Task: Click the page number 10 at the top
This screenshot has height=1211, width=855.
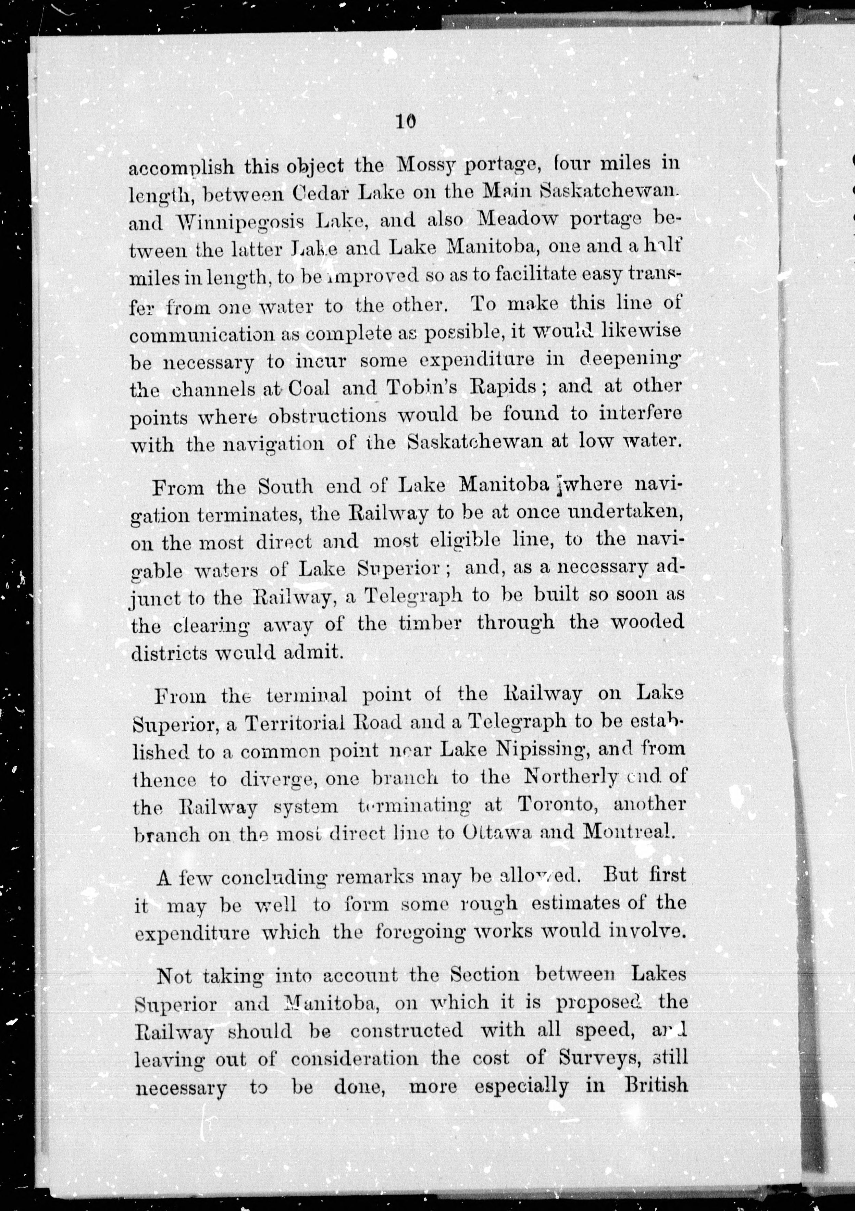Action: coord(405,122)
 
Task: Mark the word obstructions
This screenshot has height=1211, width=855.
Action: coord(327,416)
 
